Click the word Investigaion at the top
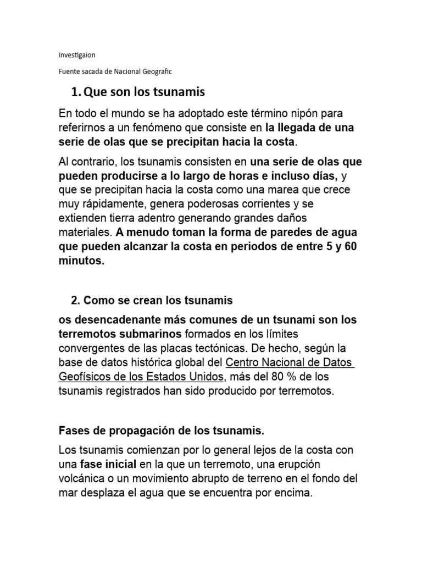point(76,56)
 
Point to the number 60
point(350,246)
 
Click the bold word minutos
point(81,261)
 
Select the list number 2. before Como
point(76,300)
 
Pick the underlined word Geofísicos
point(84,377)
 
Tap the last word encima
point(294,493)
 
